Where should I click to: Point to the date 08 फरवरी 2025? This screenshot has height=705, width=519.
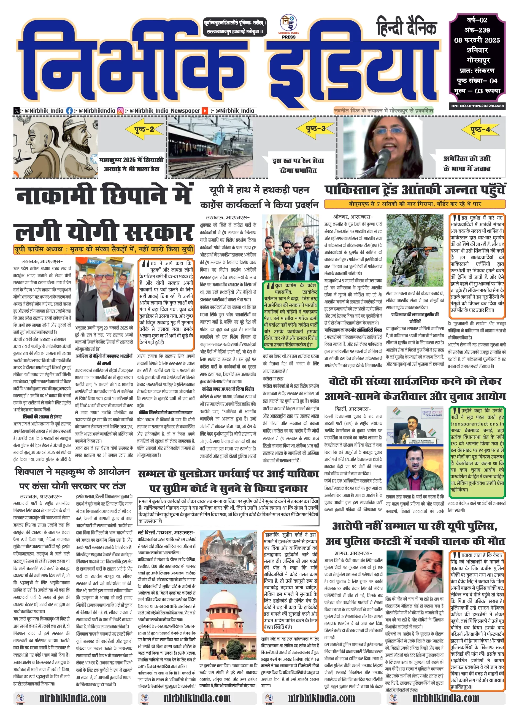click(477, 40)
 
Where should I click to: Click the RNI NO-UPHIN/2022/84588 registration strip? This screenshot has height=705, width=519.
click(477, 106)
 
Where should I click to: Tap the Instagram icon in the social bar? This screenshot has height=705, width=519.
click(120, 110)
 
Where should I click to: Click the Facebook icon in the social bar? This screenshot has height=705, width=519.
click(69, 110)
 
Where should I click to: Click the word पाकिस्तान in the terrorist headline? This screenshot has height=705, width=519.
click(352, 190)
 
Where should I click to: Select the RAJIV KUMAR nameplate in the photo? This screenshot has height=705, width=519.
click(421, 441)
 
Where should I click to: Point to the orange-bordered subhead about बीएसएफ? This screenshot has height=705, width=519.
click(415, 204)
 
